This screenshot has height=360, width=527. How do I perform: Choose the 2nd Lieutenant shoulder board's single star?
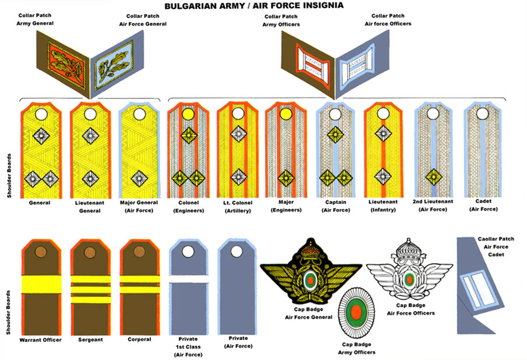click(432, 176)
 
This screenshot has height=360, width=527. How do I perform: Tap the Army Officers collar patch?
click(309, 61)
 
